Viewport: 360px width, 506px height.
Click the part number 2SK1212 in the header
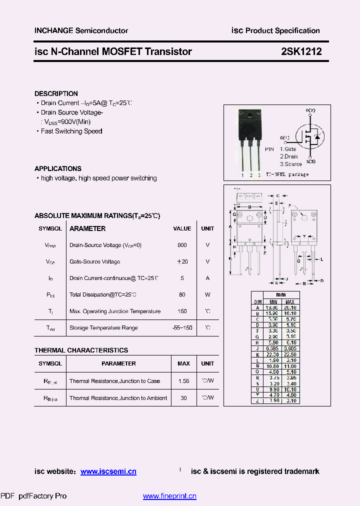point(301,51)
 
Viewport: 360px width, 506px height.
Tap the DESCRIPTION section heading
point(56,93)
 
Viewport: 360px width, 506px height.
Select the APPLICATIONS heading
point(57,168)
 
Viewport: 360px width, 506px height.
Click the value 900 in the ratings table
point(182,245)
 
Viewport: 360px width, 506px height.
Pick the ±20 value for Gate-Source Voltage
point(182,261)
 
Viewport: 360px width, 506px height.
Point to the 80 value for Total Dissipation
point(182,294)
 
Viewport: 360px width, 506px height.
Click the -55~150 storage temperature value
point(182,327)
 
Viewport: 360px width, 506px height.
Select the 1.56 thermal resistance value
point(183,381)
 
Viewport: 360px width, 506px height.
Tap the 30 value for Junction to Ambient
point(183,397)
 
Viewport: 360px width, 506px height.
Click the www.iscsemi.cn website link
point(108,471)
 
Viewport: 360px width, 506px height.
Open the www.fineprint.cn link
point(169,496)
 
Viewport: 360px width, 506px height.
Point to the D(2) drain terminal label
point(310,110)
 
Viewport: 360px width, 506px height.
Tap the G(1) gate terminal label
point(284,137)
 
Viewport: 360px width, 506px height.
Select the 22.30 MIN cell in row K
point(273,354)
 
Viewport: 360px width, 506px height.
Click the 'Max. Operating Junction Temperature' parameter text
point(115,311)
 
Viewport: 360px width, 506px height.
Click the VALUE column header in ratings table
point(182,228)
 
